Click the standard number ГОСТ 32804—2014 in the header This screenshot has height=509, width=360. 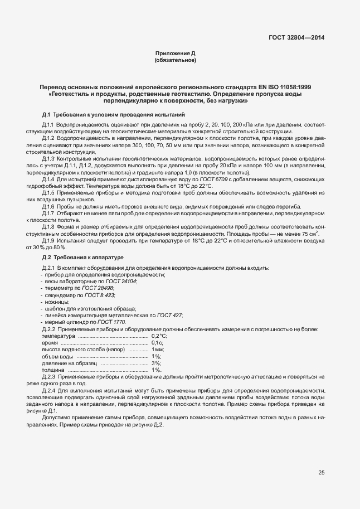[x=295, y=38]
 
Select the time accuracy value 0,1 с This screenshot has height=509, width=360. [x=157, y=343]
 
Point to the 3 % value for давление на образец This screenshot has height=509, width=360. [x=156, y=363]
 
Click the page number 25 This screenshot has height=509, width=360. [x=321, y=473]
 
